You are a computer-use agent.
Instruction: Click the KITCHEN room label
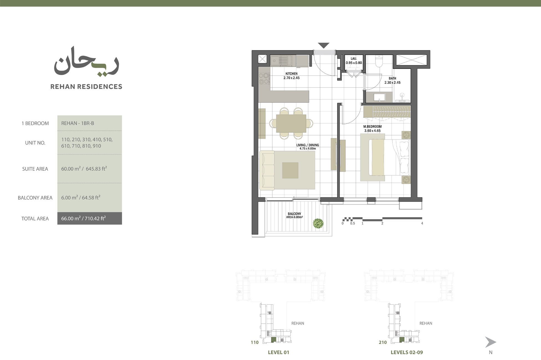coord(291,74)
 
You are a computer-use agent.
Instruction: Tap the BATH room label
coord(392,79)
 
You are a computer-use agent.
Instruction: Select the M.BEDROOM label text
coord(372,127)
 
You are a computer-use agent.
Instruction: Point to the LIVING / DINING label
coord(307,145)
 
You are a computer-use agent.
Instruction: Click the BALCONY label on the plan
coord(294,214)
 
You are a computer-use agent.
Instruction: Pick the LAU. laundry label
coord(354,59)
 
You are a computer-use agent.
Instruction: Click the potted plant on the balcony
coord(318,223)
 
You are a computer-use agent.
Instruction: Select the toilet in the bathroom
coord(378,61)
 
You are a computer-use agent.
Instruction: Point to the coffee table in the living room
coord(290,170)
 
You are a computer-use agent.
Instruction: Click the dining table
coord(291,123)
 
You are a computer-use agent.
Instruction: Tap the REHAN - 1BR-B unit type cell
coord(78,123)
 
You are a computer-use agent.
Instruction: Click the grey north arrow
coord(490,342)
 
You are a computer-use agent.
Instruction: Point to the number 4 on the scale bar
coord(422,223)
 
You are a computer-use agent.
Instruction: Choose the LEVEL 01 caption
coord(278,353)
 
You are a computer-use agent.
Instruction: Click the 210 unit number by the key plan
coord(382,343)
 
